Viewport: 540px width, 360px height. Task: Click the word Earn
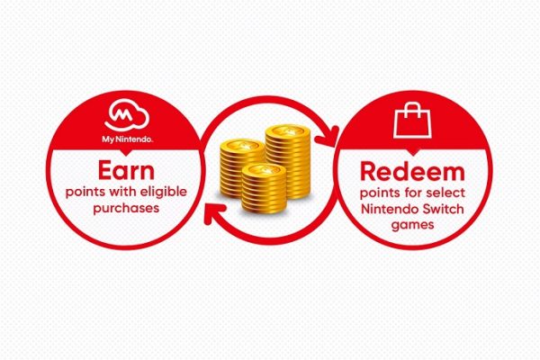126,170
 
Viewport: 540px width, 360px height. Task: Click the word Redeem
412,172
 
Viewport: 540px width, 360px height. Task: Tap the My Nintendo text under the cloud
128,139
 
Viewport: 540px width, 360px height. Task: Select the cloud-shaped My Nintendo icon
127,115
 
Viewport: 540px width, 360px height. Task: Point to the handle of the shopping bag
412,110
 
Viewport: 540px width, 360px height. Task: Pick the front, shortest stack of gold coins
264,189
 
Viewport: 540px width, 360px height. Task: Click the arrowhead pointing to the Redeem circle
328,137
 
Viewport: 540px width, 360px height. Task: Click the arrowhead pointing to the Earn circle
214,213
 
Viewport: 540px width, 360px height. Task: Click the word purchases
126,209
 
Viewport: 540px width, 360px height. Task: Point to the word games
412,225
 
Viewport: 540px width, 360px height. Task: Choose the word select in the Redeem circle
445,193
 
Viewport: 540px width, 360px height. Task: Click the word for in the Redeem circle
414,193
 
